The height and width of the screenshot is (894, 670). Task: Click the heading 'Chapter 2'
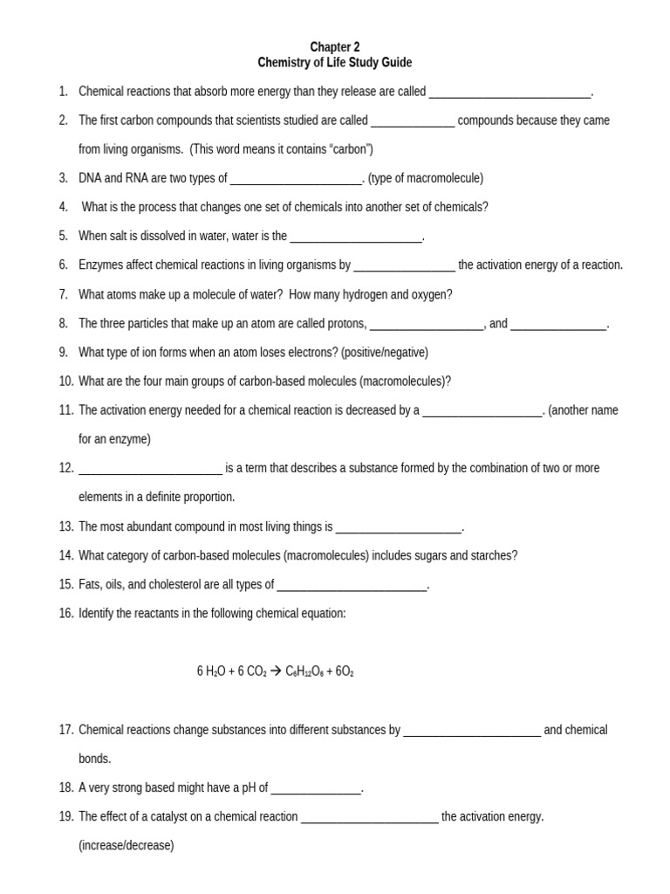click(335, 47)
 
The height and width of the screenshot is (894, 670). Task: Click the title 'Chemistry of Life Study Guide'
click(335, 63)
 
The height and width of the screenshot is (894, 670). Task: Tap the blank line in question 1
click(510, 92)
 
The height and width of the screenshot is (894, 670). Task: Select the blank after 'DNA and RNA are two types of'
click(296, 179)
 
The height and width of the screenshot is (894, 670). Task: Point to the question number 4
click(64, 207)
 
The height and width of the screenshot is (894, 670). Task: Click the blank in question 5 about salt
click(356, 237)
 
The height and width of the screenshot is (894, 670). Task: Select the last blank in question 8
click(558, 324)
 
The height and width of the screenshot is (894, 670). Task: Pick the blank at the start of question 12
click(151, 468)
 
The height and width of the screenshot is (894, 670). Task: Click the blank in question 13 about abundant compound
click(398, 527)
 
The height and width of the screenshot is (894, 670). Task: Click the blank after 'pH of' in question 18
click(316, 788)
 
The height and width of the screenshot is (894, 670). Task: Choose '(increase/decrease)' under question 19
click(126, 845)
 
